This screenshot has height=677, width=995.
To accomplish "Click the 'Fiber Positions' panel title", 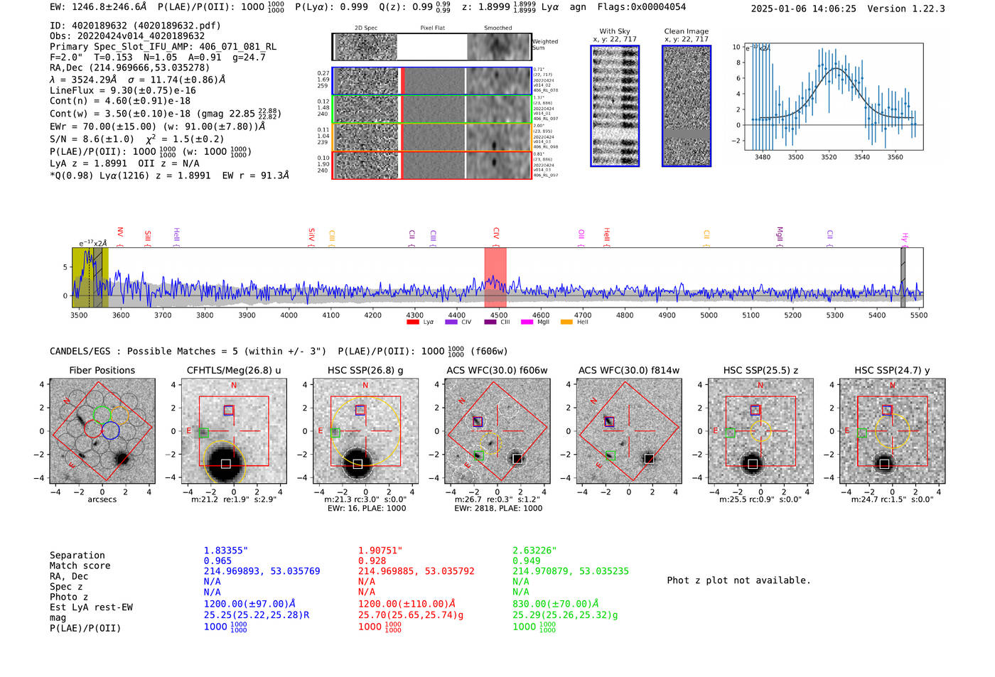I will pos(102,370).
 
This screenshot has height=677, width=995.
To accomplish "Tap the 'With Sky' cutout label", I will pos(615,31).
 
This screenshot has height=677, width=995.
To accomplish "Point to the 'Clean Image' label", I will pos(686,31).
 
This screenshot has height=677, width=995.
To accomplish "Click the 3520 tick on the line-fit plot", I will pos(829,157).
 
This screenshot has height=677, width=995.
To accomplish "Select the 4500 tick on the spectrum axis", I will pos(498,315).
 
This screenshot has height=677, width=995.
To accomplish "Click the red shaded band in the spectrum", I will pos(495,277).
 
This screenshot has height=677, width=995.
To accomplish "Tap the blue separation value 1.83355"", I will pos(226,551).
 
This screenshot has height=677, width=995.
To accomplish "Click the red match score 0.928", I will pos(372,560).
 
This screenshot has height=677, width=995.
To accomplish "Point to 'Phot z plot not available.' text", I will pos(738,580).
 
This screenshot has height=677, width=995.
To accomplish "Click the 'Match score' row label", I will pos(80,565).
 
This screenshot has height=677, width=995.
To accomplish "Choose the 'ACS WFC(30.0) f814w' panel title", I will pos(628,370).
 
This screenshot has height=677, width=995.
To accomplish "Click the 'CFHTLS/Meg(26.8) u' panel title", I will pos(234,370).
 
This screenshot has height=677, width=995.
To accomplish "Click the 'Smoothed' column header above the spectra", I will pos(497,28).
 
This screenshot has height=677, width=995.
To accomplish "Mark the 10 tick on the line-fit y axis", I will pos(736,47).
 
